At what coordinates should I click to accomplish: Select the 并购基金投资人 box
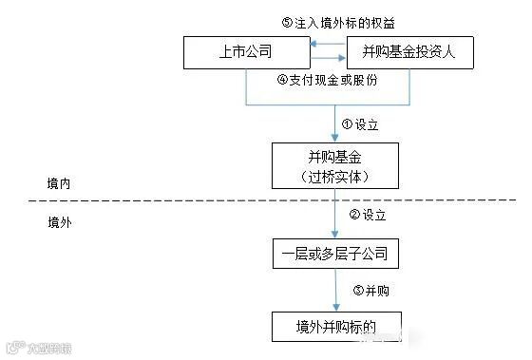tap(410, 51)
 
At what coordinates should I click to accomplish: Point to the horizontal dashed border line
tap(190, 199)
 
